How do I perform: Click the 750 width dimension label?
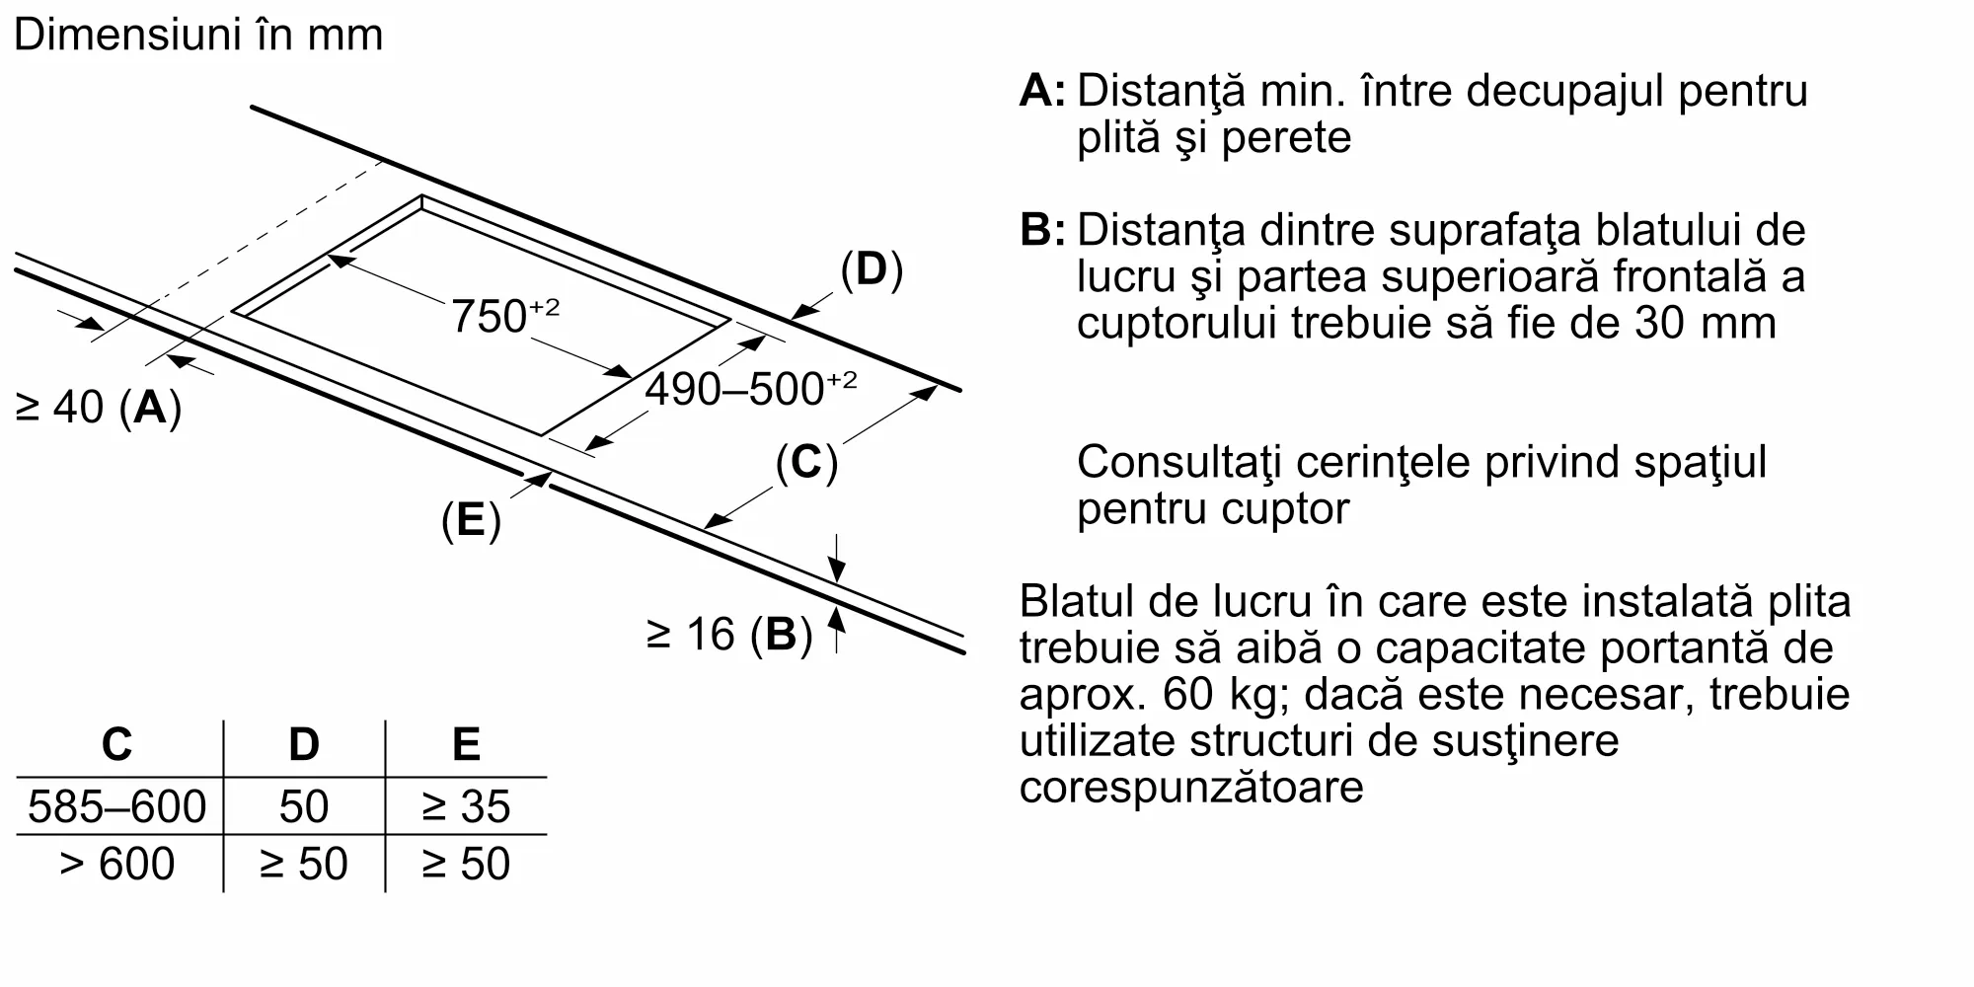[x=503, y=316]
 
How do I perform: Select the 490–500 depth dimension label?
[x=750, y=389]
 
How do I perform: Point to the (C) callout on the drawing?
[x=806, y=462]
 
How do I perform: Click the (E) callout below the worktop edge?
[x=471, y=520]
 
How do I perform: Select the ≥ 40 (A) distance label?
[x=99, y=407]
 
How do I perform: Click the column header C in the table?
[x=116, y=744]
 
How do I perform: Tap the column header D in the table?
[x=303, y=744]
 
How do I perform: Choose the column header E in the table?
[x=465, y=744]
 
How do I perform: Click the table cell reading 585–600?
[x=116, y=806]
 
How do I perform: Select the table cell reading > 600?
[x=116, y=864]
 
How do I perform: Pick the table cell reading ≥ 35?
[x=465, y=806]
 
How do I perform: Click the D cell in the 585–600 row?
[x=303, y=806]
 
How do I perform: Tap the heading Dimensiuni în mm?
[x=197, y=36]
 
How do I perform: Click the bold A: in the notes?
[x=1042, y=91]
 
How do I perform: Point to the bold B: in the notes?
[x=1042, y=230]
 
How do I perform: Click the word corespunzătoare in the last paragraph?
[x=1190, y=788]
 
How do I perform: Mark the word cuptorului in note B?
[x=1174, y=323]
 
